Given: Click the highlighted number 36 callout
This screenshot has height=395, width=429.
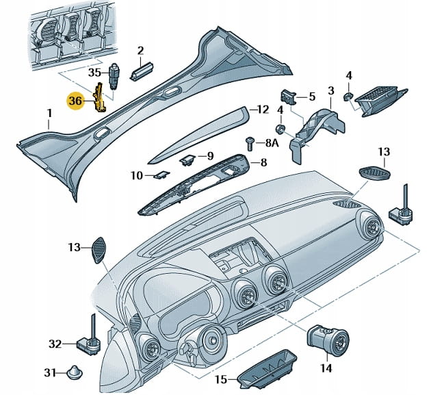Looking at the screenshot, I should point(75,101).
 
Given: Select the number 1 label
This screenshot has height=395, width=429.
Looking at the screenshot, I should point(49,113).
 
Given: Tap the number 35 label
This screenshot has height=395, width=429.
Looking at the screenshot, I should point(94,72).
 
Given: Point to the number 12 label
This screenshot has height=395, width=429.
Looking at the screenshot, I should point(263,109).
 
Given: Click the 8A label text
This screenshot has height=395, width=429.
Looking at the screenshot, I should point(272,144).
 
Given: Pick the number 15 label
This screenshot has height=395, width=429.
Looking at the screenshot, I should point(220,379).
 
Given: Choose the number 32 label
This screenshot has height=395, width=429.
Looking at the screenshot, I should point(55,343).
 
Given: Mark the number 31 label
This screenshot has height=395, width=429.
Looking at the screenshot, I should point(49,373).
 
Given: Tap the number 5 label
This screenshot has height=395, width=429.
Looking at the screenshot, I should point(312,97).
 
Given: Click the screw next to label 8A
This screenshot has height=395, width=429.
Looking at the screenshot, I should point(251,143).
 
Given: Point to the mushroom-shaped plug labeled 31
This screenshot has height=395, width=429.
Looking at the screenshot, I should point(75,372).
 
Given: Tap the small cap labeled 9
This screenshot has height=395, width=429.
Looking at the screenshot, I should point(186,160).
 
